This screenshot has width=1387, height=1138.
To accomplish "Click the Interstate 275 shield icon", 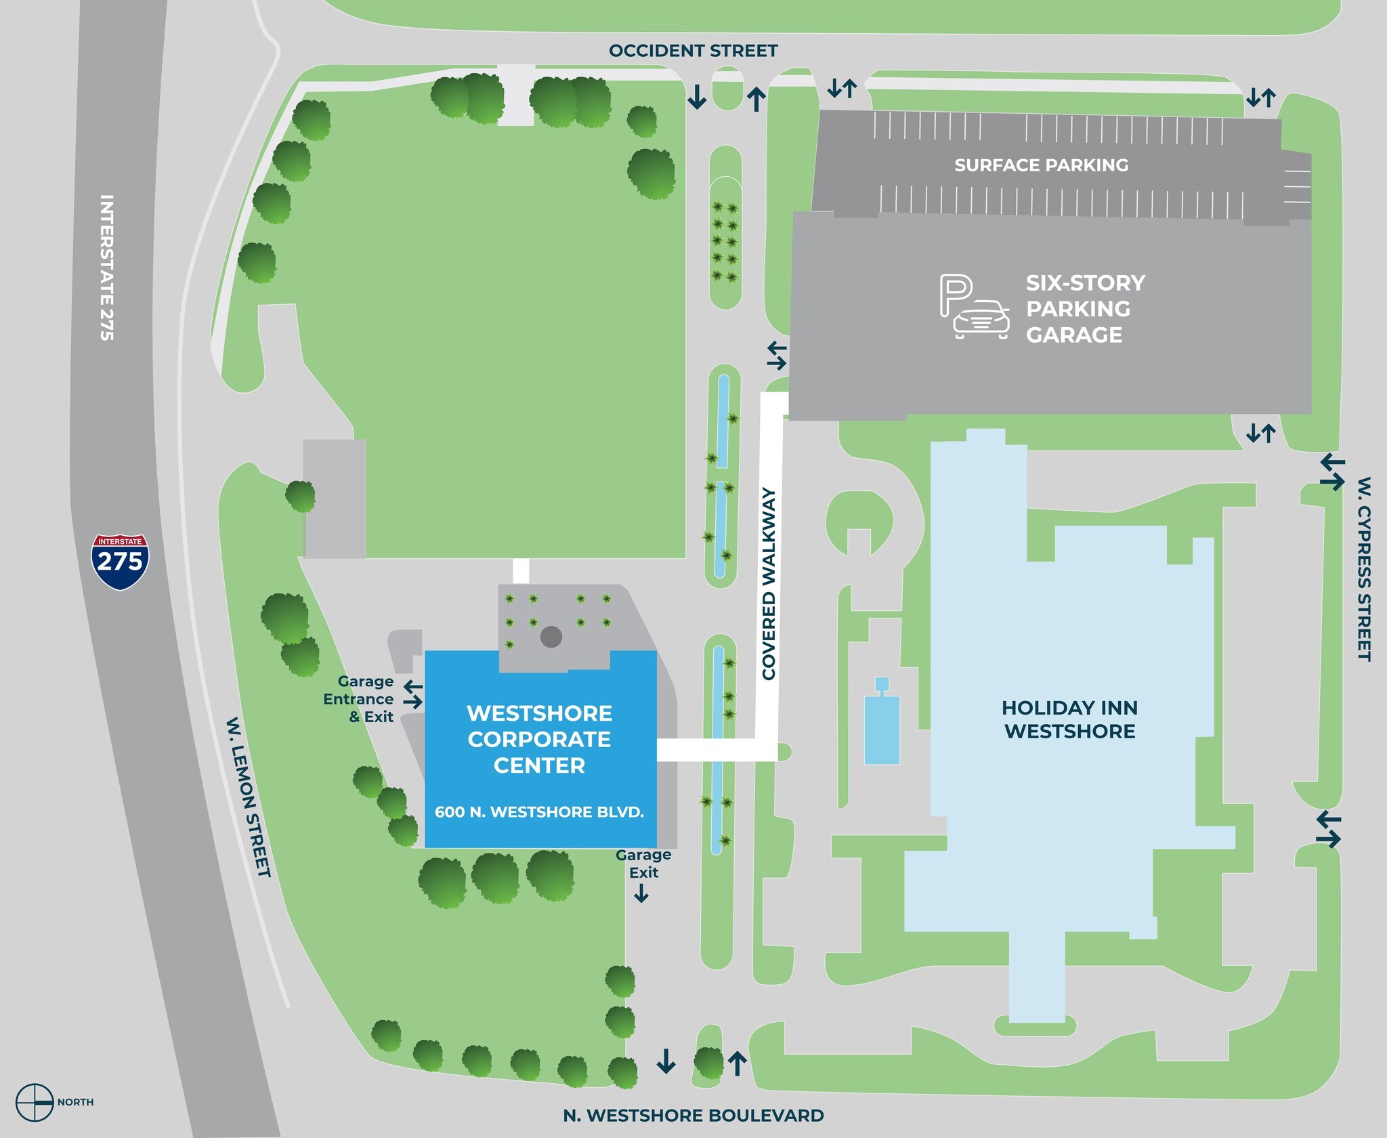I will (120, 561).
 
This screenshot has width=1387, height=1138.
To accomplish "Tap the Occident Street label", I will (693, 51).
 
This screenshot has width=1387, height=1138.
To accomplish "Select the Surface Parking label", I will (1041, 165).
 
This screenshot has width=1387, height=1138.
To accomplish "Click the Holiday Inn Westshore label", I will (1069, 719).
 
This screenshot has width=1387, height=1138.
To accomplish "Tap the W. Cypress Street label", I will (1364, 568).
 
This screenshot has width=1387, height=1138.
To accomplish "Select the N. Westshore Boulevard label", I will (693, 1116).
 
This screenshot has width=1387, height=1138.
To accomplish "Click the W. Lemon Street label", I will (249, 797).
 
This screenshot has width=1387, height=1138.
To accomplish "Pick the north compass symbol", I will (35, 1102).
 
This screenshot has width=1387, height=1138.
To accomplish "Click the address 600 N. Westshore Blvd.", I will (539, 812).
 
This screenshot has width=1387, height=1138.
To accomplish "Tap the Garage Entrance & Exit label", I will (358, 699).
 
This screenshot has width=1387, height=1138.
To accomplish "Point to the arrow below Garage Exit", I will (641, 894).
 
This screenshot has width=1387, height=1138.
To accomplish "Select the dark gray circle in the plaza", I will (551, 637).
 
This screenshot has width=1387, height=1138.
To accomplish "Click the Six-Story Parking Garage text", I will (1085, 308).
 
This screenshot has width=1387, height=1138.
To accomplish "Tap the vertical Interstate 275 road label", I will (106, 268).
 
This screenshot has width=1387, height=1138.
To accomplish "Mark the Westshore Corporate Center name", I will (539, 739).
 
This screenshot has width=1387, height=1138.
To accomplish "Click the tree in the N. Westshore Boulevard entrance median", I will (709, 1063).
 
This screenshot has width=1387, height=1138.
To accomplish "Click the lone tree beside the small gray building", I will (300, 496).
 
